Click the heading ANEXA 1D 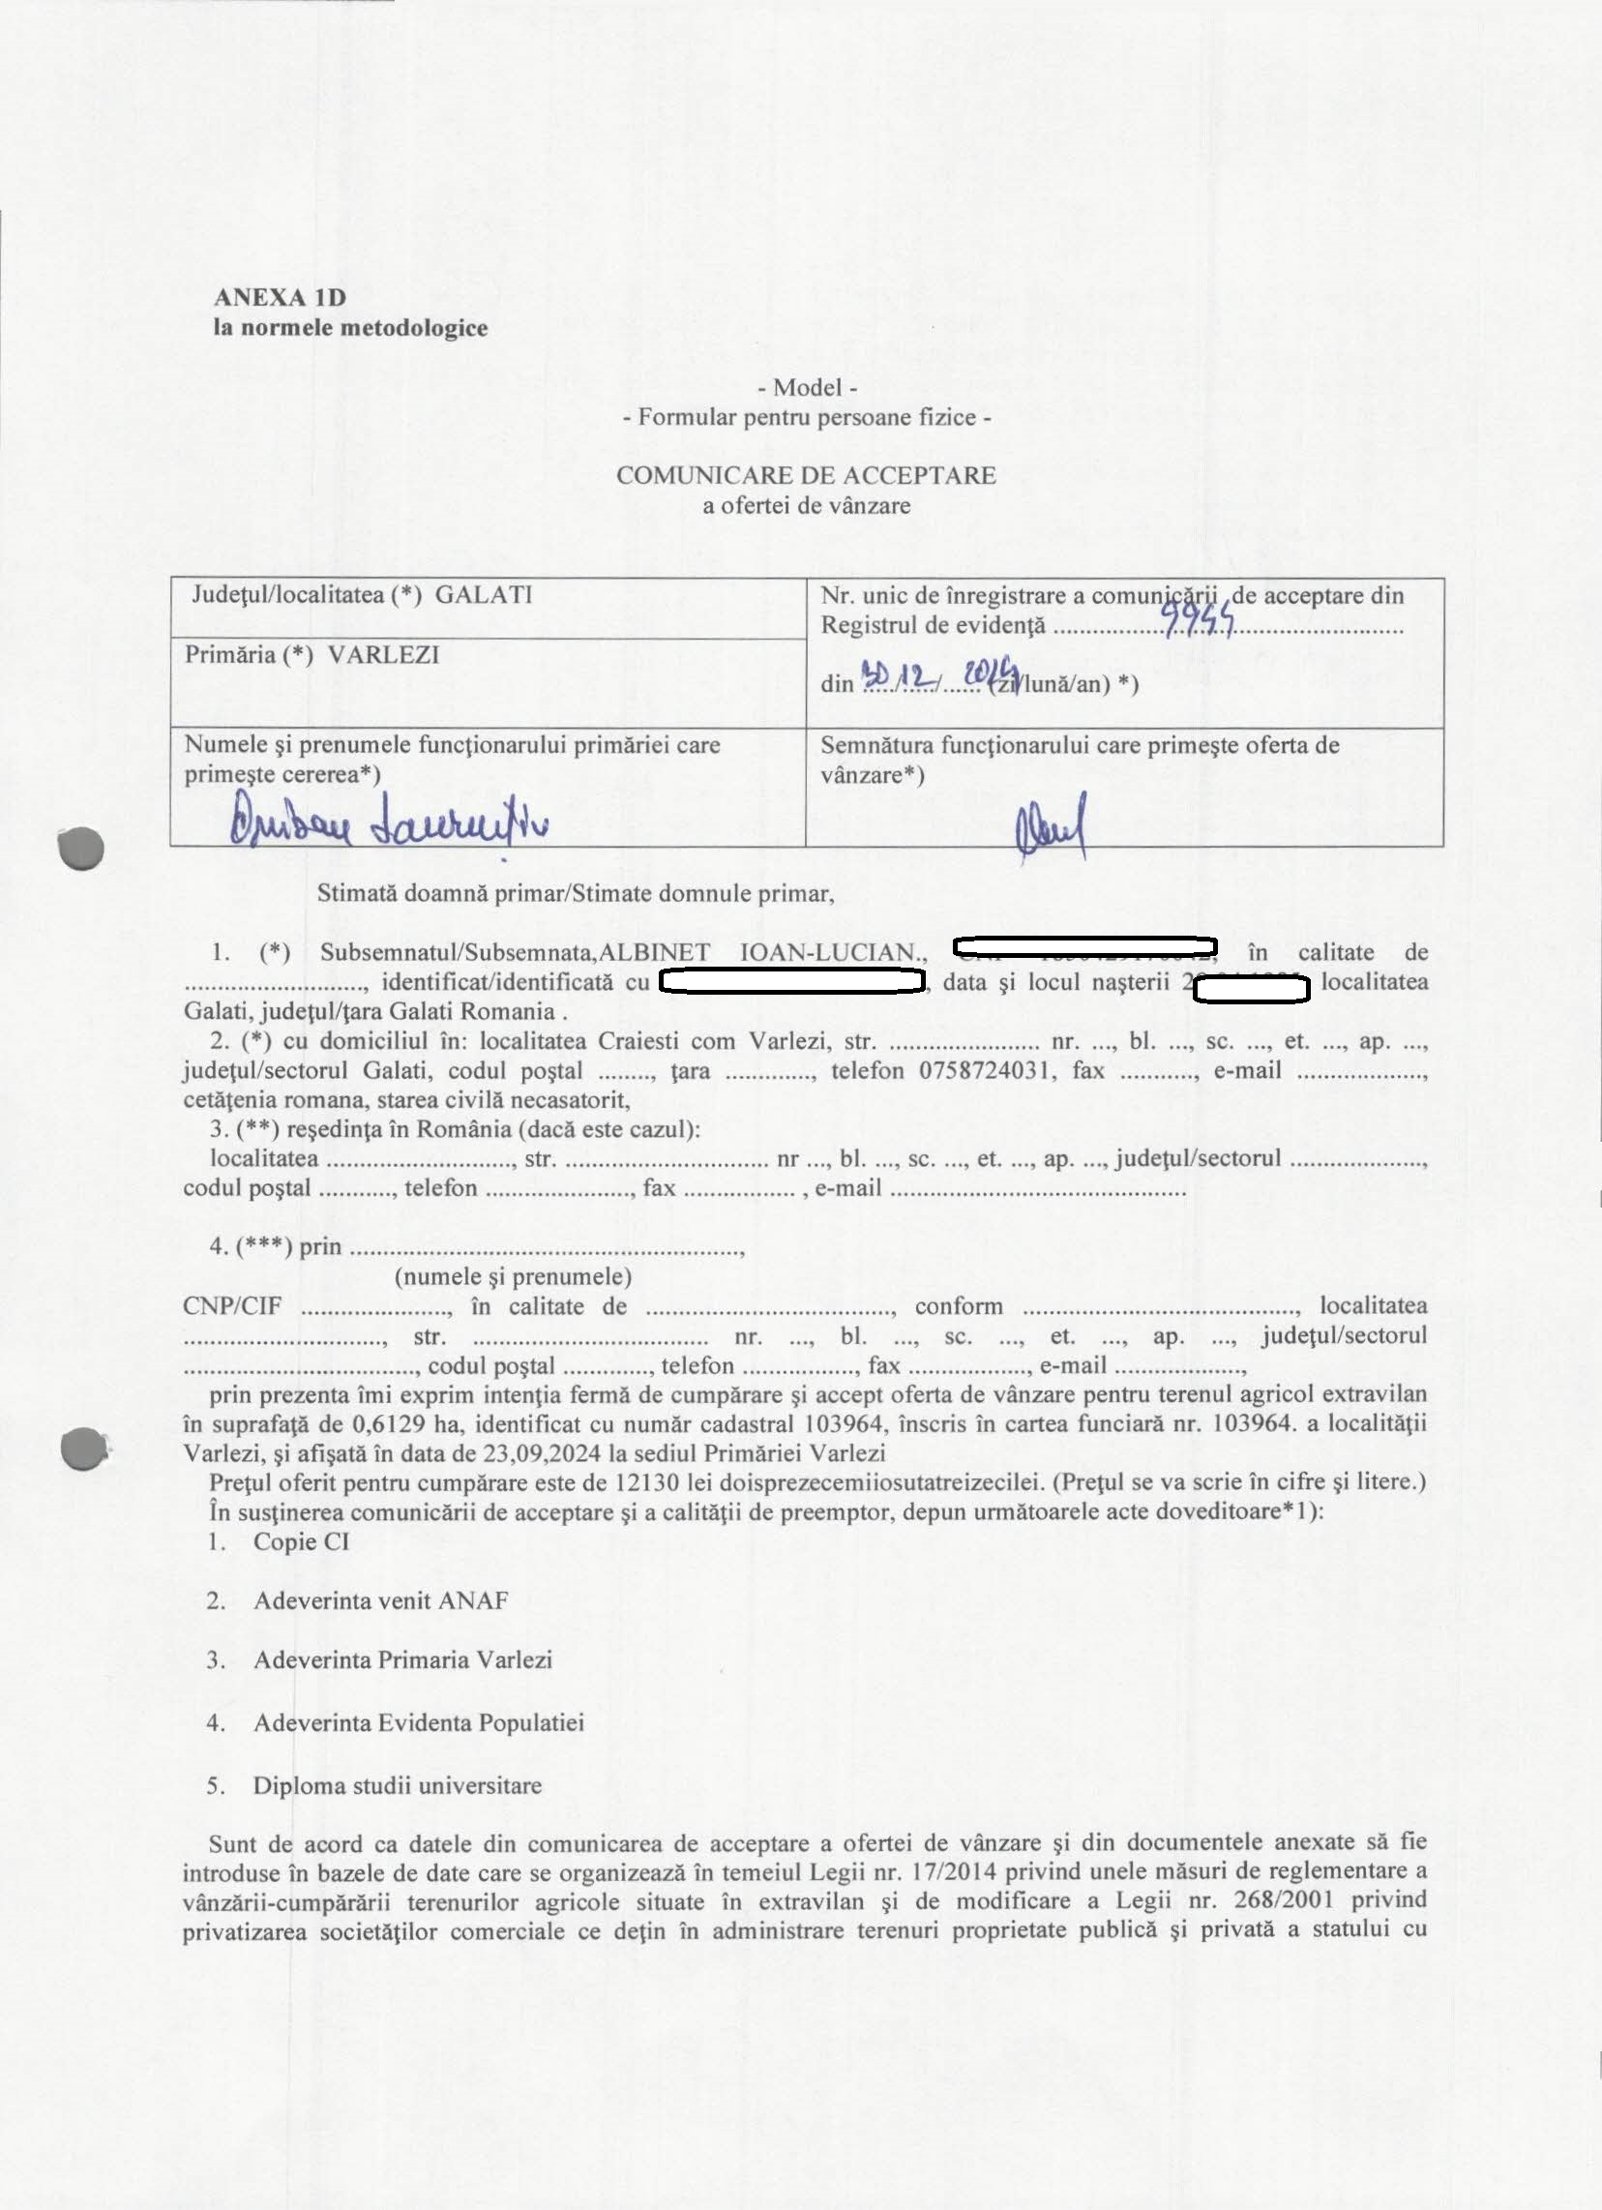pos(280,297)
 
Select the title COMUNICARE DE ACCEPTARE pos(806,475)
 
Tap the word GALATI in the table pos(484,595)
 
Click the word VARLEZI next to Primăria pos(383,655)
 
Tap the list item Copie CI pos(300,1541)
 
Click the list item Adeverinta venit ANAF pos(380,1600)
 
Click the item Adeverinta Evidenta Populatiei pos(418,1722)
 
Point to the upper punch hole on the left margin pos(81,848)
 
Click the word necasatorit pos(563,1101)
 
